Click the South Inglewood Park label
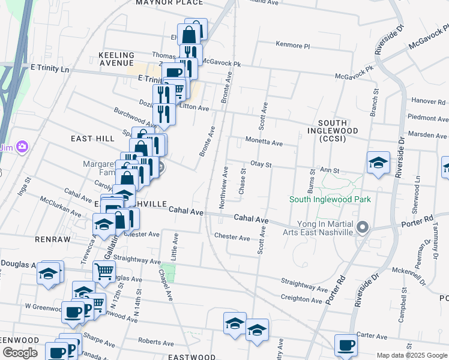tap(330, 199)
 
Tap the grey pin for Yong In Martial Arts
tap(362, 227)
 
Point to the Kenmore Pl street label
tap(292, 45)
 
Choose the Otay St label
tap(261, 164)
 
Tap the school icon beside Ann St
tap(378, 163)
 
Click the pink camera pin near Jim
tap(22, 146)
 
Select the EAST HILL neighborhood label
tap(92, 139)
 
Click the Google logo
tap(20, 353)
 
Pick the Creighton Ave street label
tap(301, 299)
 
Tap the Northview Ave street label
tap(224, 187)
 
